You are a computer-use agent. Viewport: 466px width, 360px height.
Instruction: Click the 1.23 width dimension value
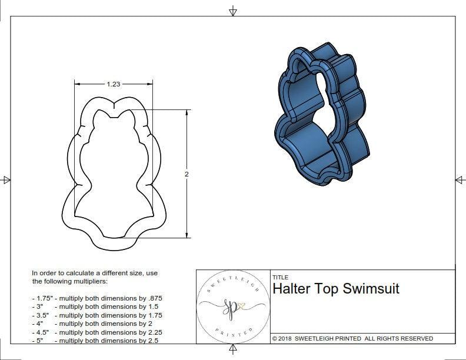(x=114, y=84)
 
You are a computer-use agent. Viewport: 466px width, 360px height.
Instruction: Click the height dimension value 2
(x=187, y=175)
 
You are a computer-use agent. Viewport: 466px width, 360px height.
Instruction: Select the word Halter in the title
(x=292, y=289)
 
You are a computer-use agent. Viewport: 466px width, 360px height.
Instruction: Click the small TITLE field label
(x=281, y=277)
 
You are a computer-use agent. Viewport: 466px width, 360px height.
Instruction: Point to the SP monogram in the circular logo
(x=231, y=306)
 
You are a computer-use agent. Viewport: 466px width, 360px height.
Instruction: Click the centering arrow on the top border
(x=233, y=11)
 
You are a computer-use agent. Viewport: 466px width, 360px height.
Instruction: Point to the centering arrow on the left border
(x=6, y=179)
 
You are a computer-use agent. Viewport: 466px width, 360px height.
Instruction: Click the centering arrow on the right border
(x=460, y=179)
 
